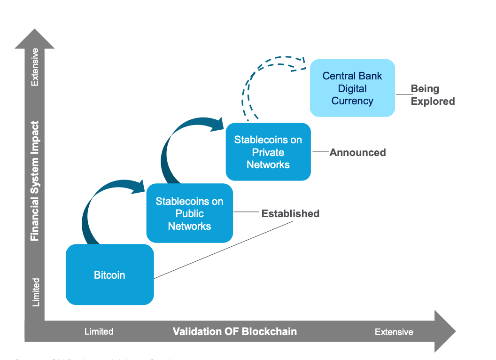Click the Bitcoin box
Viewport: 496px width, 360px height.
(x=109, y=275)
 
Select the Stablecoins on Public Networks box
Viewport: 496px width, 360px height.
(x=189, y=213)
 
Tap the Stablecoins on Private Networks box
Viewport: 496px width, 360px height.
(x=268, y=152)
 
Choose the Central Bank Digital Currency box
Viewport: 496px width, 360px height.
(x=352, y=88)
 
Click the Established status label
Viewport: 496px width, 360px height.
(x=290, y=213)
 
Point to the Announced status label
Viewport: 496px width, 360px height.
(x=357, y=152)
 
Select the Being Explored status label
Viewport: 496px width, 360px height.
(x=432, y=95)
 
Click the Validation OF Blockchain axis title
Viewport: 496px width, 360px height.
(x=235, y=331)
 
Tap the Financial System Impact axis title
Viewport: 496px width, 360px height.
(x=35, y=181)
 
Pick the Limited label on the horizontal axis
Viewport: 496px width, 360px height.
(x=99, y=332)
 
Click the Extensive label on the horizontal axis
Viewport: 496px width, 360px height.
(x=394, y=332)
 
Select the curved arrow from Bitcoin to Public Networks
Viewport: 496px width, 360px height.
(x=101, y=202)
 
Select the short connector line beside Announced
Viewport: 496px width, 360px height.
(x=320, y=152)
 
